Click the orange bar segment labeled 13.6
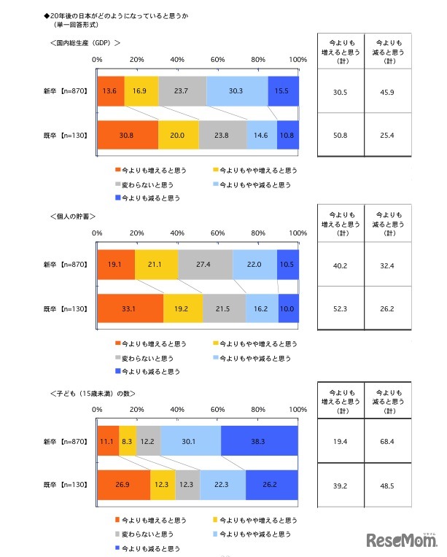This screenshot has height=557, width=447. click(x=110, y=91)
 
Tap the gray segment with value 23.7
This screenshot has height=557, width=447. click(x=182, y=91)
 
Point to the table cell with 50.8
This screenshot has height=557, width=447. click(x=338, y=135)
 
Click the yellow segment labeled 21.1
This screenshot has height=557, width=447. click(x=156, y=265)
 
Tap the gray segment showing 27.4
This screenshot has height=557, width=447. click(x=205, y=265)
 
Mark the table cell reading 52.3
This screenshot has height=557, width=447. click(x=338, y=308)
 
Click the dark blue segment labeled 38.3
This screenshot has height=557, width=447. click(x=259, y=441)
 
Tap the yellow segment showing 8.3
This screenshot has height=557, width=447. click(x=128, y=441)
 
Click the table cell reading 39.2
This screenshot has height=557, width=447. click(x=338, y=485)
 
